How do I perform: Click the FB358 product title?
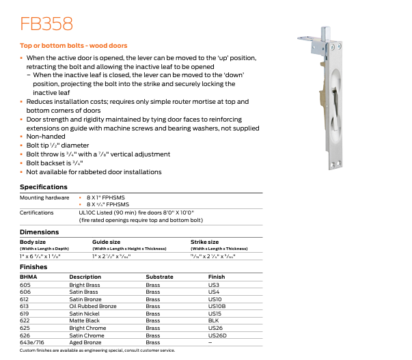(46, 24)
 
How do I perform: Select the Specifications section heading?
(44, 186)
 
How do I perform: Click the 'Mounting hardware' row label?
(42, 197)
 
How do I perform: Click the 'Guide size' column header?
(106, 241)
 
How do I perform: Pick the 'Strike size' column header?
(204, 241)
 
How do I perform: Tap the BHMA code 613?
(25, 307)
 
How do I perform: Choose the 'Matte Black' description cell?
(84, 321)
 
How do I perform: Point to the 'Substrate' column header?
(160, 277)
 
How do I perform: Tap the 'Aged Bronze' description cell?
(85, 343)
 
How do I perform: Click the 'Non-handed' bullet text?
(46, 137)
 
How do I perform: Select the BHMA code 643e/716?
(31, 343)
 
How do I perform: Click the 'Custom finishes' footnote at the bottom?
(97, 350)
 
